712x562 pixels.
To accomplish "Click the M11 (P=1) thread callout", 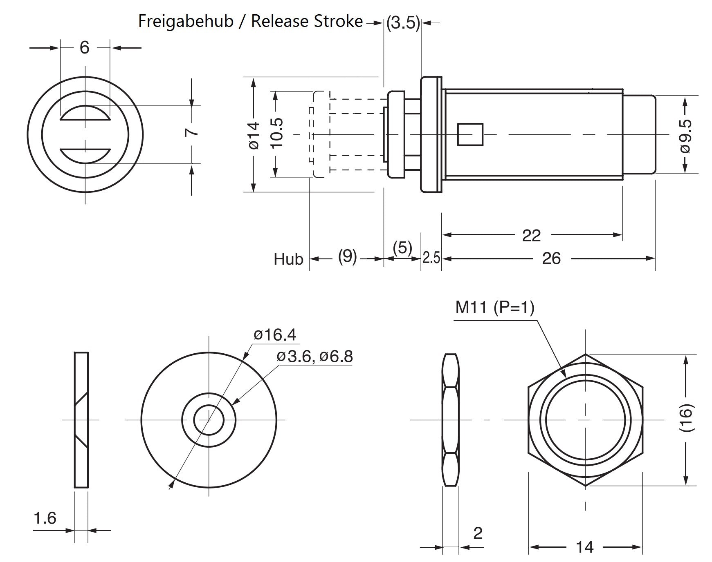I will (495, 308).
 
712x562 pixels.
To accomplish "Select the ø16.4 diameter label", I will (274, 335).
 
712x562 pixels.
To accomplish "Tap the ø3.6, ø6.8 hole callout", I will (314, 357).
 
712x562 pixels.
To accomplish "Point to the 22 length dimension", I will (531, 236).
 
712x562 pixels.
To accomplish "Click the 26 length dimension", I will (551, 259).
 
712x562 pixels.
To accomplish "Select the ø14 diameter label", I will (254, 135).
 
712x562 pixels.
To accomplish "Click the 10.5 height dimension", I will (276, 133).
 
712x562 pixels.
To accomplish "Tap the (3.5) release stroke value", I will (403, 23).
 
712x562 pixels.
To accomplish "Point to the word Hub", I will (288, 259).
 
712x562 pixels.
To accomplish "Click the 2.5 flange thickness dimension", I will (431, 258).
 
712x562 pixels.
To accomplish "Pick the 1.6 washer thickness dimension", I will (45, 518).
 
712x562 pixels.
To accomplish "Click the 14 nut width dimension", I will (584, 547).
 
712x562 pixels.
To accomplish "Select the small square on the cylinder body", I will (470, 134).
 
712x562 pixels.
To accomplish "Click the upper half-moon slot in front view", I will (85, 114).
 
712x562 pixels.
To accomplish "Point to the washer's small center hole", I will (209, 420).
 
